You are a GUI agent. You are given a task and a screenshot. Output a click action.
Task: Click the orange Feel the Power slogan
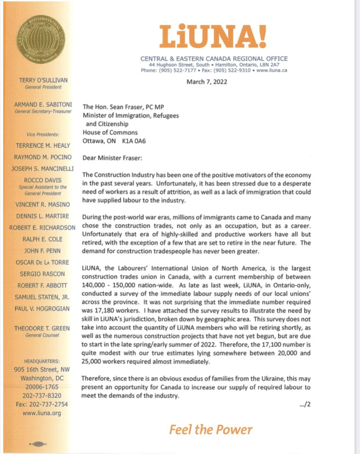(x=211, y=430)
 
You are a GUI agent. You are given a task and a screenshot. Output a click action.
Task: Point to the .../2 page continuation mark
(x=306, y=404)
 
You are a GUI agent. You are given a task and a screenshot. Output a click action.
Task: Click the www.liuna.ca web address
(x=273, y=70)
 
